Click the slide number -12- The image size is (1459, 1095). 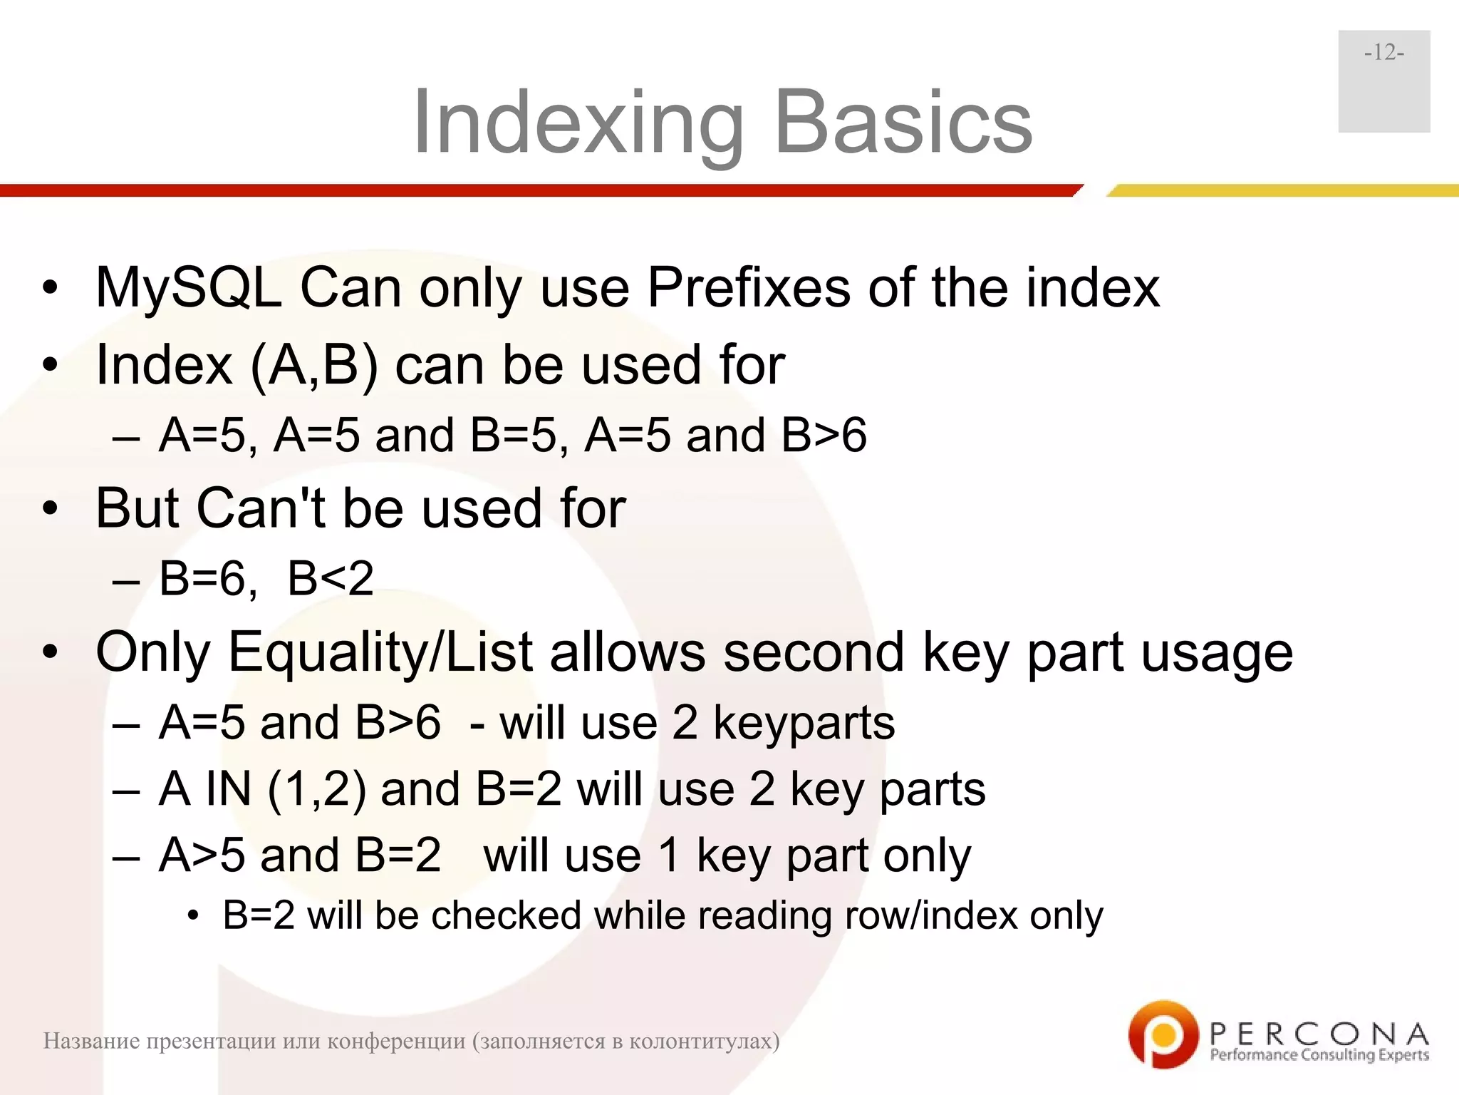point(1383,53)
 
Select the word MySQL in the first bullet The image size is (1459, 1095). point(189,288)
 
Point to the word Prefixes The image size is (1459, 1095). point(748,288)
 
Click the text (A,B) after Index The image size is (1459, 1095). point(313,365)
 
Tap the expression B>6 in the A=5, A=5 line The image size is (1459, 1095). point(824,435)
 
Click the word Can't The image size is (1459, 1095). point(261,508)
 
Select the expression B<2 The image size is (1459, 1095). point(331,578)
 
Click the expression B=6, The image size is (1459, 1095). point(208,578)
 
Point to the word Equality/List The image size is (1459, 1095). point(380,652)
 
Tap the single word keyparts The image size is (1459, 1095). point(804,723)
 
